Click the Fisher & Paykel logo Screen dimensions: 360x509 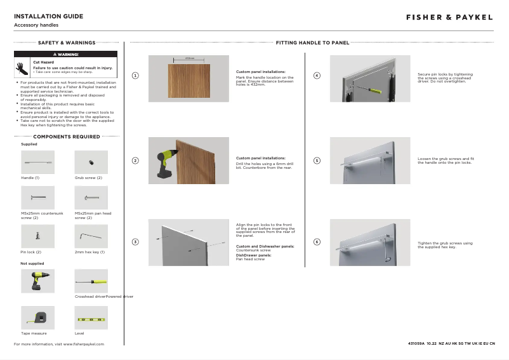(449, 17)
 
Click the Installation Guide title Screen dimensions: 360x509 (48, 16)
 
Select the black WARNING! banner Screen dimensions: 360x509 (66, 54)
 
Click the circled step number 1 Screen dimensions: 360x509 (135, 76)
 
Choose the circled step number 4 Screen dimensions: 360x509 (317, 76)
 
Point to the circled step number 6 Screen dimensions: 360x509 (317, 242)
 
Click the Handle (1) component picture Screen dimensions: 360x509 (37, 163)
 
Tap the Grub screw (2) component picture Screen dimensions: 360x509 (91, 163)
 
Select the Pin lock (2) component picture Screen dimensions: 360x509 (37, 236)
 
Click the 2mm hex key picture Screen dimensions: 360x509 (91, 236)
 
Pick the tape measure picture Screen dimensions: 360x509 (37, 317)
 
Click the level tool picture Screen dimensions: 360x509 (91, 317)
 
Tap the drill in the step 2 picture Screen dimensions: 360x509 (164, 159)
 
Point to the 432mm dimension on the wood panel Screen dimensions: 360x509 (189, 58)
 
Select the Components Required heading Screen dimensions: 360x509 (66, 137)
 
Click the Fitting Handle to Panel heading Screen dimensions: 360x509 (312, 43)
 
